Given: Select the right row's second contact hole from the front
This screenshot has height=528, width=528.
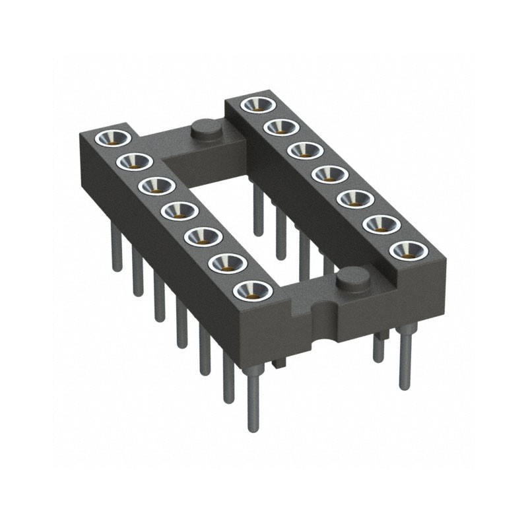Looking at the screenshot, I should [378, 224].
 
